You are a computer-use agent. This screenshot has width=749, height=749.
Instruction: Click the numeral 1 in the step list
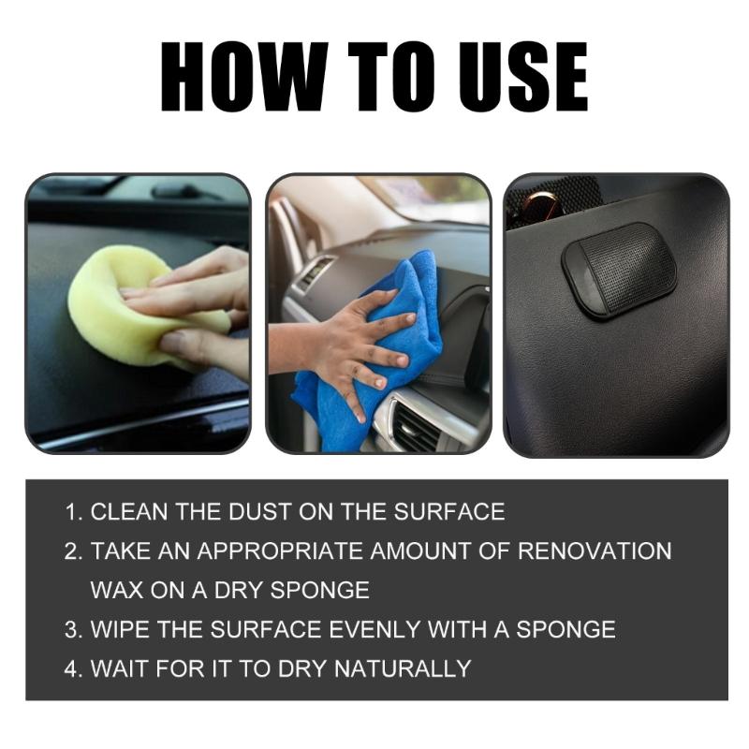tap(71, 512)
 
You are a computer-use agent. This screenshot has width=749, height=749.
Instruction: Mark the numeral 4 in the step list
tap(71, 669)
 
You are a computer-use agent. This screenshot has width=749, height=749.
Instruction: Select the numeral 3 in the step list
tap(71, 630)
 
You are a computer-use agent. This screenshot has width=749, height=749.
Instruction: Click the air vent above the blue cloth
tap(315, 272)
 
